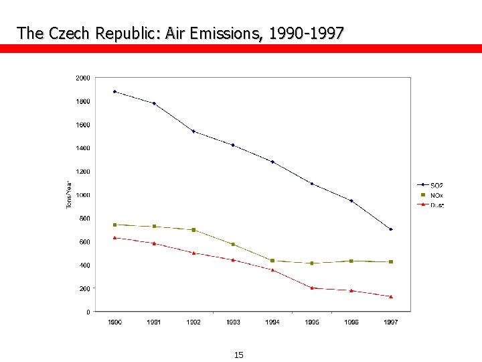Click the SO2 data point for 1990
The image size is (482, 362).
coord(114,91)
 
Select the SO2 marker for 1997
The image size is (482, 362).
coord(391,229)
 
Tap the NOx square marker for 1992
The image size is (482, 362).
coord(193,230)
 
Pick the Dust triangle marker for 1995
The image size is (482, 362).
coord(312,288)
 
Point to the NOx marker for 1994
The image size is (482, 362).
coord(272,260)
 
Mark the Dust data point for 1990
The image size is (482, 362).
coord(114,237)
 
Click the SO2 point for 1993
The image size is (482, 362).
coord(233,145)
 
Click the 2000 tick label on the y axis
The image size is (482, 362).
coord(82,78)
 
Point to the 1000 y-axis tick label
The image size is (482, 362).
coord(82,195)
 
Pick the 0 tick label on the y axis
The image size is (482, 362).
coord(88,312)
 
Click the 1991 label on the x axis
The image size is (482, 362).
coord(154,322)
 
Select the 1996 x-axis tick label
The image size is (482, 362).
coord(351,322)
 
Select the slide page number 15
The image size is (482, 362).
coord(239,355)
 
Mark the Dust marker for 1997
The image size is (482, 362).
coord(391,296)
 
